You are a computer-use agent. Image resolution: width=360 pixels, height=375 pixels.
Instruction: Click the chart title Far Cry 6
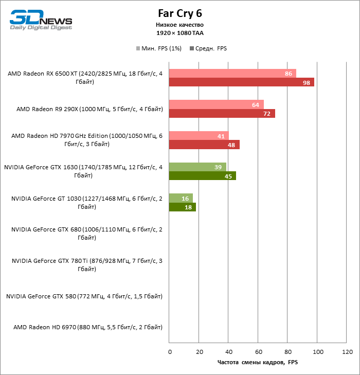point(180,13)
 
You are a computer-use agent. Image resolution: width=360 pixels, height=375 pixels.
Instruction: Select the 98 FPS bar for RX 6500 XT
point(241,82)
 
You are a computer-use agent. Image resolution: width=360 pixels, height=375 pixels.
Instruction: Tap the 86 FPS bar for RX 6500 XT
point(232,74)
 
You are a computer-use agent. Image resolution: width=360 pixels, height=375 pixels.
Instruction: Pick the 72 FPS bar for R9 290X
point(222,114)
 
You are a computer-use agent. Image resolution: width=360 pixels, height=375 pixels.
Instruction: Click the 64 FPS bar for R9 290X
point(216,104)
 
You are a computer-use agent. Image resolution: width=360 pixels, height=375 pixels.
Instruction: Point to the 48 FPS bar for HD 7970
point(204,145)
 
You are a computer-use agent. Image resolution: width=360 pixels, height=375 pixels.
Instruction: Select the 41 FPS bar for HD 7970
point(199,136)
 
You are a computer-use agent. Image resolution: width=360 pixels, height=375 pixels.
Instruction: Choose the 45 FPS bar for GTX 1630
point(202,176)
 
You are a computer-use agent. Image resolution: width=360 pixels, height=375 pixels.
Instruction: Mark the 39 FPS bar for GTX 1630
point(197,167)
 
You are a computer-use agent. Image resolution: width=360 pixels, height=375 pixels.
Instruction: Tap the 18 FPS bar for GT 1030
point(182,207)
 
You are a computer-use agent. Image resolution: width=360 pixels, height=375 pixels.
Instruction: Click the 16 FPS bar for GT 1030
point(181,198)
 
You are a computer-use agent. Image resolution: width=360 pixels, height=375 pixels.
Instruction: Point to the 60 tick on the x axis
point(259,352)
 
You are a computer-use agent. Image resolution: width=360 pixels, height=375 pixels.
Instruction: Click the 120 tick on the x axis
point(347,352)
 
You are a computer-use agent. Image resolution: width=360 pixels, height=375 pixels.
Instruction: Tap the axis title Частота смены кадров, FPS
point(258,362)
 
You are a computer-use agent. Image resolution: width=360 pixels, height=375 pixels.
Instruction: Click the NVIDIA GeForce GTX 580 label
point(84,296)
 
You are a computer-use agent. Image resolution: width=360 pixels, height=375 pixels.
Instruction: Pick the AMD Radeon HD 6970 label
point(88,327)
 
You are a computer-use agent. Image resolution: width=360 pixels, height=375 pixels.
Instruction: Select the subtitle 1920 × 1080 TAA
point(180,32)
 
